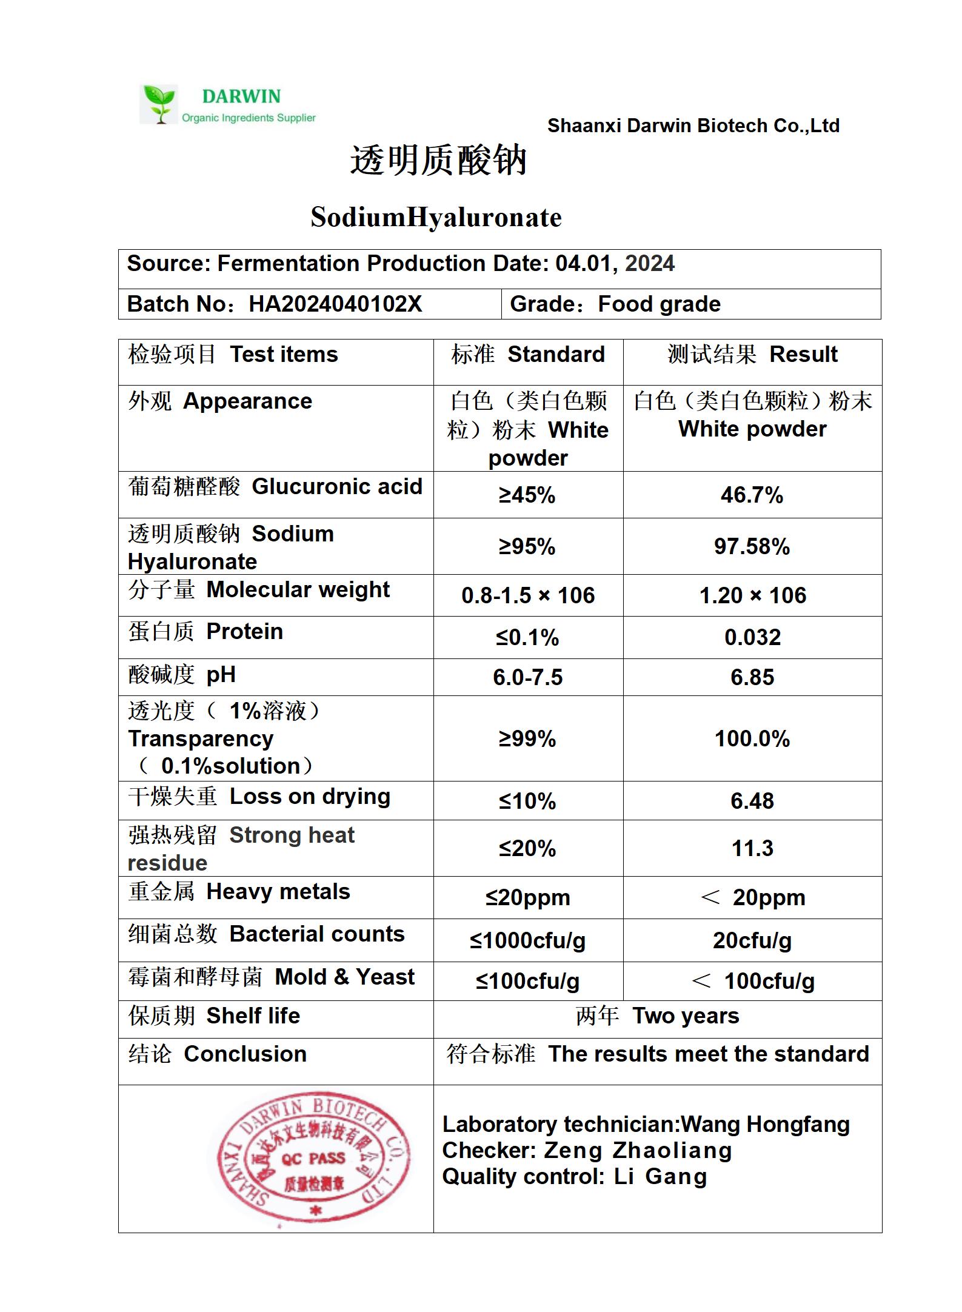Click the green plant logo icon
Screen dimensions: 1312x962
pos(160,104)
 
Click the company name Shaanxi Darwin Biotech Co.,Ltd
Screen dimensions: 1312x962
pos(693,126)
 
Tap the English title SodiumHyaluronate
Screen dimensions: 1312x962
pos(436,217)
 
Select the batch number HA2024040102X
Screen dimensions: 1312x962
pos(335,304)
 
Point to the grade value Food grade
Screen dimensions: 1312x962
pos(659,304)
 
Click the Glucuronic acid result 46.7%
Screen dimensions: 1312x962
pos(752,495)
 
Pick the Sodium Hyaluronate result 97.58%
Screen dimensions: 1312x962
pos(752,547)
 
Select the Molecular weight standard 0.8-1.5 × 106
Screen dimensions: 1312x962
pos(528,595)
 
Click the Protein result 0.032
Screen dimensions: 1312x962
pos(752,637)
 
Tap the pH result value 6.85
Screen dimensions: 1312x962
pos(752,677)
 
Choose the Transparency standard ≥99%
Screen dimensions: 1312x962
pos(527,738)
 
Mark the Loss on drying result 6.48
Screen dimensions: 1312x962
pos(752,801)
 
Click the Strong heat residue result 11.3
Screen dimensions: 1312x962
pos(752,848)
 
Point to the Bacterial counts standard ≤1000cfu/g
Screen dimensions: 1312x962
pos(527,940)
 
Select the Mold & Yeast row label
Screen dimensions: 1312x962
pos(272,977)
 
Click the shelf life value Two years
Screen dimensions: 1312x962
pos(686,1016)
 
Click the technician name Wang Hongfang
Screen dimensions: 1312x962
pos(765,1124)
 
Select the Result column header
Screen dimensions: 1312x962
pos(803,354)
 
